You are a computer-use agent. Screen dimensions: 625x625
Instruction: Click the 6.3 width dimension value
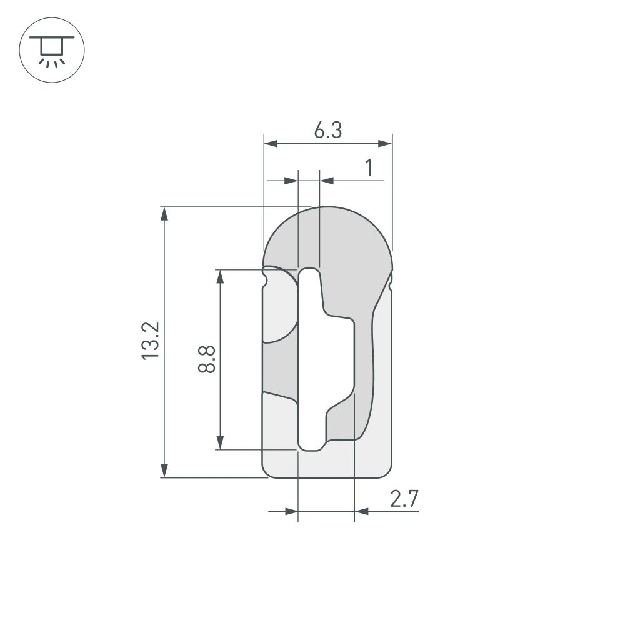[x=327, y=131]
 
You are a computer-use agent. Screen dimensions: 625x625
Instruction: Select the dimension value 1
[x=369, y=168]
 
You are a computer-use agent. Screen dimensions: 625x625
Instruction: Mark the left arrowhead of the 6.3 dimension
[x=271, y=144]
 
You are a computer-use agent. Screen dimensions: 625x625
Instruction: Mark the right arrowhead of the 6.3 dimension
[x=385, y=144]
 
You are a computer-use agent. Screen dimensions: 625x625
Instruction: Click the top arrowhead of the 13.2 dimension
[x=164, y=214]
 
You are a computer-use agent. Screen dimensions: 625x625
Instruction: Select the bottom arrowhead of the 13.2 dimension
[x=164, y=471]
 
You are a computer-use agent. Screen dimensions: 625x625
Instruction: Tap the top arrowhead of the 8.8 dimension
[x=220, y=276]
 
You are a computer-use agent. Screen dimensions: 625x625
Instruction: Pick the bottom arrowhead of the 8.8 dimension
[x=220, y=442]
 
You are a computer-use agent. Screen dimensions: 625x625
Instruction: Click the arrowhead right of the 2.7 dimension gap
[x=362, y=512]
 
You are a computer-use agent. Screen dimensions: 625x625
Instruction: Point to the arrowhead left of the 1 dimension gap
[x=291, y=181]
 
